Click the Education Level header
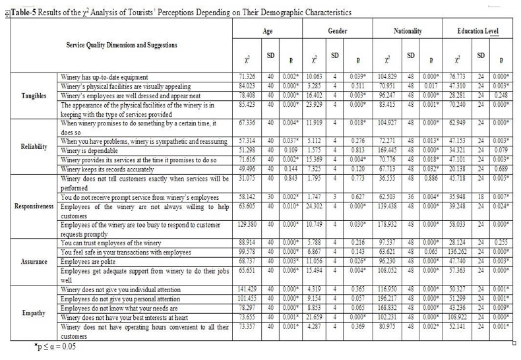point(479,31)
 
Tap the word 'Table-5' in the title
point(22,13)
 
